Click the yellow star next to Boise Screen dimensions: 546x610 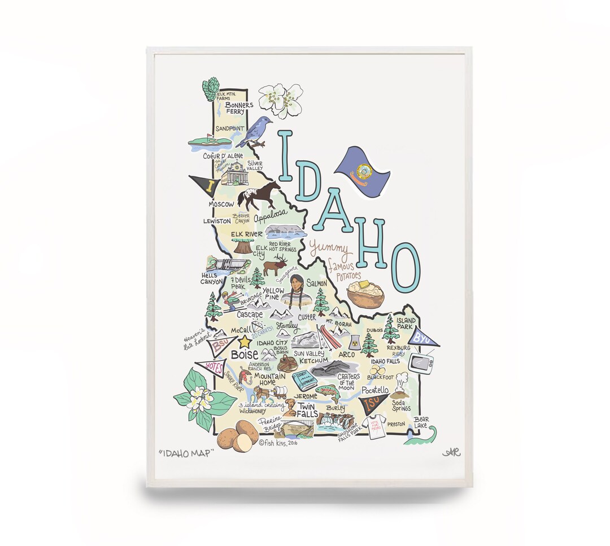click(x=245, y=342)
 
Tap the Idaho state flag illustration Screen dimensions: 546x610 click(x=362, y=171)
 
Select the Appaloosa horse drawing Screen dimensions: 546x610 click(x=259, y=195)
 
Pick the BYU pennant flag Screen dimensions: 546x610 click(x=424, y=338)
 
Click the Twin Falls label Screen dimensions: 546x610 click(x=308, y=410)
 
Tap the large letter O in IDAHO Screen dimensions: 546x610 click(x=406, y=267)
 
